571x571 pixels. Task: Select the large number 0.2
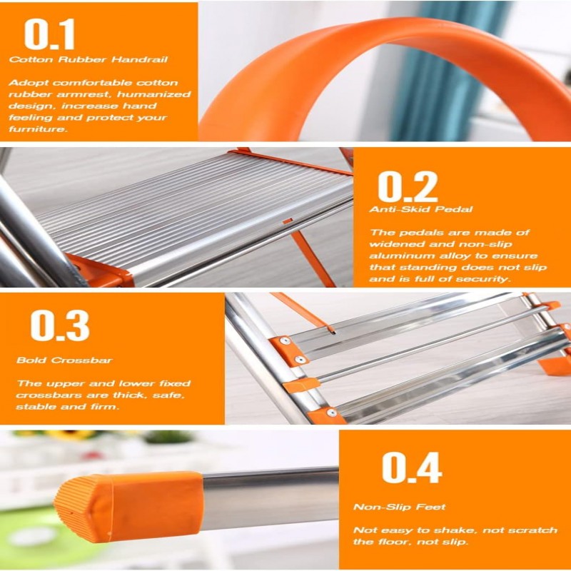408,187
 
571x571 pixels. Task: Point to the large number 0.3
60,325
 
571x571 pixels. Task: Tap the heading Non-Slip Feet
400,507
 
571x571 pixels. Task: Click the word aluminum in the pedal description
398,256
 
